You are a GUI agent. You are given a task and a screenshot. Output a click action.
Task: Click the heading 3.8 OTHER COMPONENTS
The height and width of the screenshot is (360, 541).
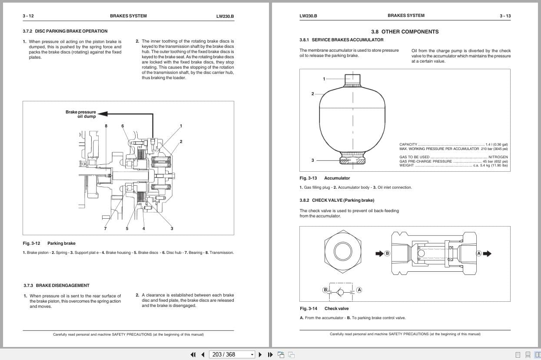tap(405, 32)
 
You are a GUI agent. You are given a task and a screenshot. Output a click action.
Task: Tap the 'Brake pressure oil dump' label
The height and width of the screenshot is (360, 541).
tap(81, 114)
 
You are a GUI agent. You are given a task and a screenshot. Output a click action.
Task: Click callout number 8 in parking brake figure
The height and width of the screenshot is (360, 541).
tap(106, 126)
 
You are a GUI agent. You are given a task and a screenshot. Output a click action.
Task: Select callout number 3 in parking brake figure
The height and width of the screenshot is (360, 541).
tap(172, 228)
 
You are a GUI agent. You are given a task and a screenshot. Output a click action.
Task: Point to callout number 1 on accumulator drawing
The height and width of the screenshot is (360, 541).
tap(324, 79)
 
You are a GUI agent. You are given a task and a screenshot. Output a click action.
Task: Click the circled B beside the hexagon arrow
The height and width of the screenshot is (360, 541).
tap(387, 253)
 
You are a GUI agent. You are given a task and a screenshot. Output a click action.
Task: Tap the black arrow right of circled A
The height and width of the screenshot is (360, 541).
tap(488, 253)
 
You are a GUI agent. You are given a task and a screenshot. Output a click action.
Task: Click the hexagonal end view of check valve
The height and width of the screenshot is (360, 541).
tap(343, 251)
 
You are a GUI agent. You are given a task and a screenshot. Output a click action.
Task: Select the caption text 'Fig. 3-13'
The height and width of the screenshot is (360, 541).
tap(308, 178)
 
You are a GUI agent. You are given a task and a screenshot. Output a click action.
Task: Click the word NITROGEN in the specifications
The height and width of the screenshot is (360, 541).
tap(498, 157)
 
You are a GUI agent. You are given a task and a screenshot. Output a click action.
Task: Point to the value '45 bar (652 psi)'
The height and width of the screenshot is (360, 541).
tap(495, 161)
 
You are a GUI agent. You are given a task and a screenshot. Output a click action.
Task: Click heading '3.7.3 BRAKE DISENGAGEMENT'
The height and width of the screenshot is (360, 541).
tap(56, 286)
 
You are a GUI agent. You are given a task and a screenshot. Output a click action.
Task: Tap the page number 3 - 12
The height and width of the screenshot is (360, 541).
tap(28, 16)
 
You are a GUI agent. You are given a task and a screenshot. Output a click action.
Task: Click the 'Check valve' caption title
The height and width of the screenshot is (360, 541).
tap(336, 309)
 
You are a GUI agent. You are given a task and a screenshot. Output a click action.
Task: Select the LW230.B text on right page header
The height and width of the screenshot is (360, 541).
tap(308, 16)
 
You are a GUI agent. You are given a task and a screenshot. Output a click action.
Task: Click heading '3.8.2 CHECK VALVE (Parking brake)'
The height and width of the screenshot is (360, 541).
tap(337, 200)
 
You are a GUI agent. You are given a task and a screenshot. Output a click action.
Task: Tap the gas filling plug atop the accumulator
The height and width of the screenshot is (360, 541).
tap(352, 80)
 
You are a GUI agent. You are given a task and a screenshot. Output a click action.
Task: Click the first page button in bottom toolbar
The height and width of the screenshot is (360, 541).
tap(193, 354)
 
